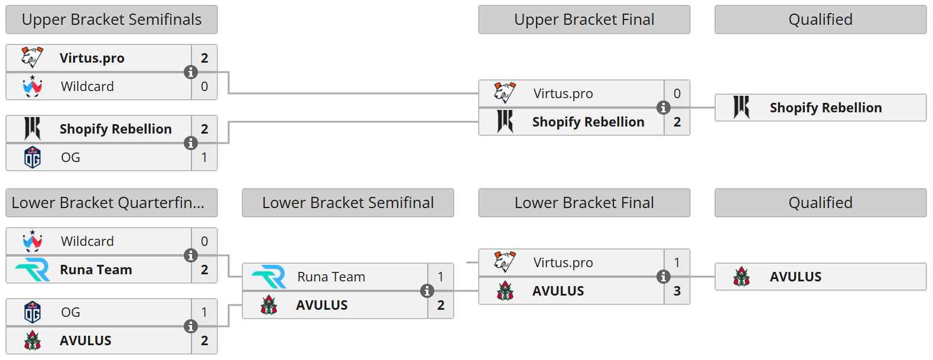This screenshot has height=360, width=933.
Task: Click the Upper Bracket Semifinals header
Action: tap(112, 20)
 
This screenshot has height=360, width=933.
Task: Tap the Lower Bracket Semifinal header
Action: tap(347, 203)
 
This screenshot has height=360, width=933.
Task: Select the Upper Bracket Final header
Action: tap(584, 20)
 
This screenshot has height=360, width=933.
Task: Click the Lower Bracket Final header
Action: tap(584, 203)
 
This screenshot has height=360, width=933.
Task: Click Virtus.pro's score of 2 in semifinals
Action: tap(204, 58)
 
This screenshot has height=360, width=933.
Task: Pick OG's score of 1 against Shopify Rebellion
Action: tap(204, 157)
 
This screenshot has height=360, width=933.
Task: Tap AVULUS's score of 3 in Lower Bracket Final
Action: tap(677, 291)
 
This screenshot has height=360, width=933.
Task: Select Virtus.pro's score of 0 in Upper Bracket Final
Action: tap(677, 93)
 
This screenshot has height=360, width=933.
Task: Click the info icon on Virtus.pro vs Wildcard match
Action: tap(190, 72)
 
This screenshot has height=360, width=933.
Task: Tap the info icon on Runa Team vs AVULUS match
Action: tap(427, 291)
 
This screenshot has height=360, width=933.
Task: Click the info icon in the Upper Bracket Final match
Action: tap(663, 108)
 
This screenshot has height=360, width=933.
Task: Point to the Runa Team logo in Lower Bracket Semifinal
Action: tap(269, 277)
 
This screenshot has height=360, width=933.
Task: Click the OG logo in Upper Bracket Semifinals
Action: tap(32, 157)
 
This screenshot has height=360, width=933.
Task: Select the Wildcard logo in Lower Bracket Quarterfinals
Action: tap(32, 241)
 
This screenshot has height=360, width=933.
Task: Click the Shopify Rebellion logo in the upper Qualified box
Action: tap(741, 108)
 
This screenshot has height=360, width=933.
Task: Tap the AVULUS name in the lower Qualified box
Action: tap(795, 277)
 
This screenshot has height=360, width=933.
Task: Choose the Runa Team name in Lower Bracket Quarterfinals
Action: tap(96, 270)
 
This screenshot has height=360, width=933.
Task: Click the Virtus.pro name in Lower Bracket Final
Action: tap(563, 262)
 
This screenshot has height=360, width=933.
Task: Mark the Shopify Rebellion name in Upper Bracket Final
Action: tap(588, 122)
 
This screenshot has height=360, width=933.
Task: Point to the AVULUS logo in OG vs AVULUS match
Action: tap(32, 340)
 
